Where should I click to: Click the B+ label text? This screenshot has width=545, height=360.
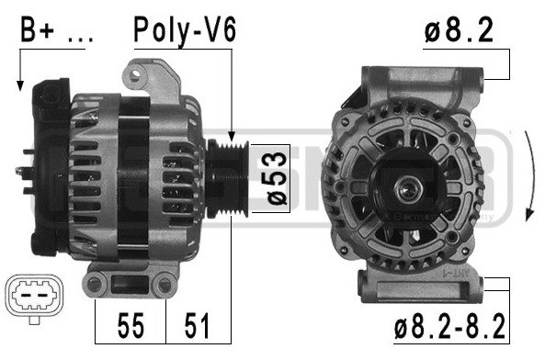(38, 29)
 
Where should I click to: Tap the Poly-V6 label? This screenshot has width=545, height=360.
(185, 30)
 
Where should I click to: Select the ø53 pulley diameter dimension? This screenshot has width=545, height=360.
(277, 178)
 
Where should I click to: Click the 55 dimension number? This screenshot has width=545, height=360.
(131, 325)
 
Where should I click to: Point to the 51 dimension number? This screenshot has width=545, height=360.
(197, 325)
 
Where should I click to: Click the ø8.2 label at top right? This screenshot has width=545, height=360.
(459, 30)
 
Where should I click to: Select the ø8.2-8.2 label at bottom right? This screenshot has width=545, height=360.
(449, 326)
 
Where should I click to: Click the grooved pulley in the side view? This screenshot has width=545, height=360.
(228, 178)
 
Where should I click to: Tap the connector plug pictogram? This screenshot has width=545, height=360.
(35, 298)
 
